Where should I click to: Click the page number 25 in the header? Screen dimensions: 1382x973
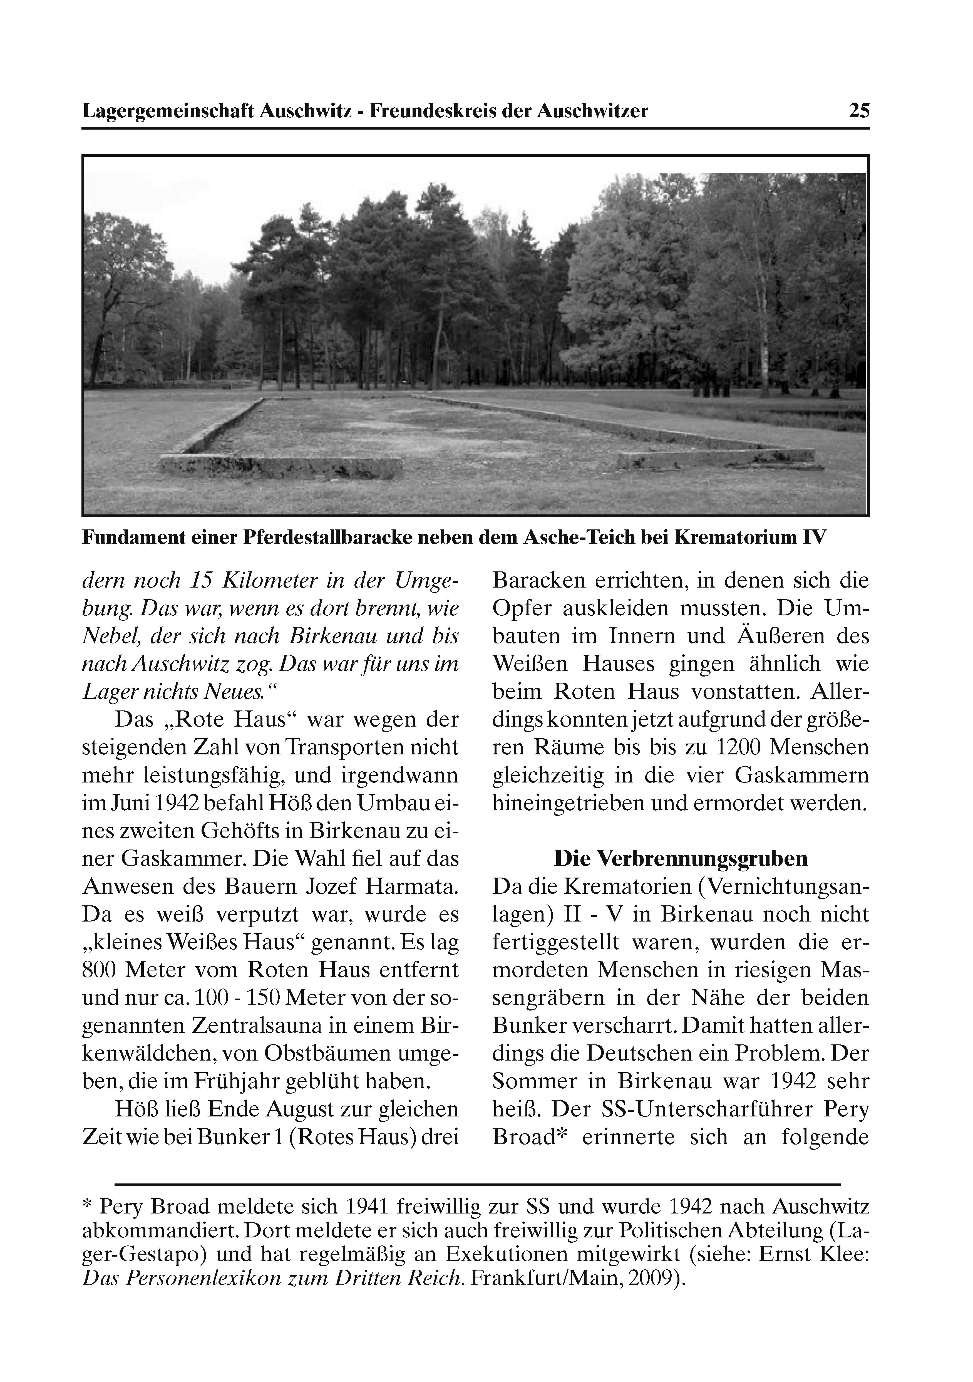[859, 111]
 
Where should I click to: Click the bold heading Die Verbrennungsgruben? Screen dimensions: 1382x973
[681, 858]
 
